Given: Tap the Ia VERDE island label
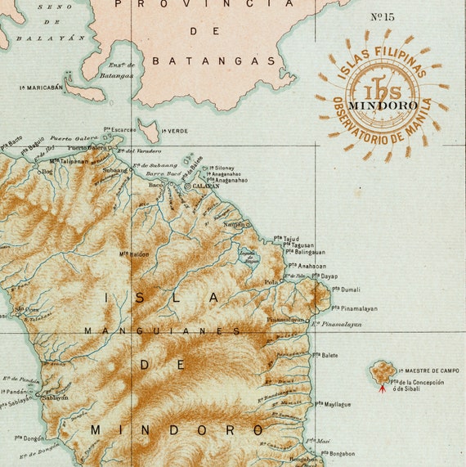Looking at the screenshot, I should click(174, 131).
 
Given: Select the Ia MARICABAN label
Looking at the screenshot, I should click(42, 87).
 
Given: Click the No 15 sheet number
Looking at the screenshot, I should click(383, 16).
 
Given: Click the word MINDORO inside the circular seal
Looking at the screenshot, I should click(383, 105).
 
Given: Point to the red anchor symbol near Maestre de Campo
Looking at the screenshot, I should click(383, 388).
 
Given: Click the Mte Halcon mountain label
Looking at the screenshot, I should click(135, 254).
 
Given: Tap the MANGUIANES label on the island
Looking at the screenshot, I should click(163, 331).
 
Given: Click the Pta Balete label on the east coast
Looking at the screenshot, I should click(325, 355).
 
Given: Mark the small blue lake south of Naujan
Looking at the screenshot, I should click(249, 258).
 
